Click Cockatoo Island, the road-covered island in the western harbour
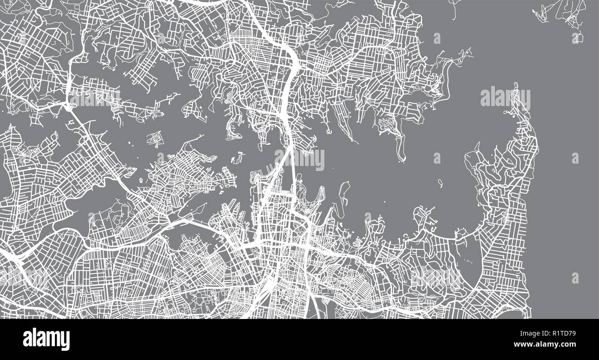(x=157, y=138)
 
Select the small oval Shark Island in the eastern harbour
(x=440, y=183)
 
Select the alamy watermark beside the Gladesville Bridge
(x=94, y=98)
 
